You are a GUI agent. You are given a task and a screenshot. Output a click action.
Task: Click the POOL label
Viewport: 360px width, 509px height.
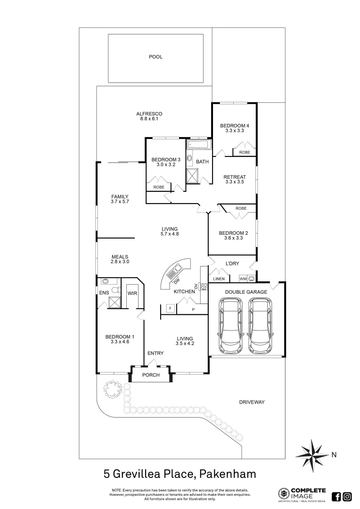click(x=155, y=57)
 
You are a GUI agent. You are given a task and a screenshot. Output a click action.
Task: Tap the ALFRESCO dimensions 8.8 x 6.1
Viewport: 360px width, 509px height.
click(x=149, y=119)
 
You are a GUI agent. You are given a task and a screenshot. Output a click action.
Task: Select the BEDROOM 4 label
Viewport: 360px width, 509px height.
click(x=234, y=125)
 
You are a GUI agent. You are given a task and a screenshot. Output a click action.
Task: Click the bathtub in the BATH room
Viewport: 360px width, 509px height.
click(x=199, y=145)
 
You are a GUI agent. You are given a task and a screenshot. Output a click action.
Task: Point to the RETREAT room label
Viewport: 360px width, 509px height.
click(x=235, y=177)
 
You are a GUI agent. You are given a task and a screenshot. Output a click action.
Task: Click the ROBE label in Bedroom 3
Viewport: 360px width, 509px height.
click(x=159, y=187)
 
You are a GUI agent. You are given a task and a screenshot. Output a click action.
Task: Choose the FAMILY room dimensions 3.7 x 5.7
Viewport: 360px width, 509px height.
click(x=120, y=202)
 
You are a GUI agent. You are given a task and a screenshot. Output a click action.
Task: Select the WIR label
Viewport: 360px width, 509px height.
click(x=132, y=293)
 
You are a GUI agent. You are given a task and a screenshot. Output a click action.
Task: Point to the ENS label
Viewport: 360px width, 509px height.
click(x=104, y=293)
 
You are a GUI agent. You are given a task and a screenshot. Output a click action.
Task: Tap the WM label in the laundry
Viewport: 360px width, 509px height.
click(x=243, y=279)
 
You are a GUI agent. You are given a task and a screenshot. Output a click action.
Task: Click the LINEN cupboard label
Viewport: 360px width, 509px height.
click(x=219, y=279)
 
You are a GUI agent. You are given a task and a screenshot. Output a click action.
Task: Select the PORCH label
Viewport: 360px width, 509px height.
click(x=151, y=375)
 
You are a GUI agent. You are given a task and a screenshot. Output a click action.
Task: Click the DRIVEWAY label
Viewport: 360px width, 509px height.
click(x=252, y=402)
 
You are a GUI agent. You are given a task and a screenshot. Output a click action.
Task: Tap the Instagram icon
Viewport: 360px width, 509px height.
click(x=347, y=496)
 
